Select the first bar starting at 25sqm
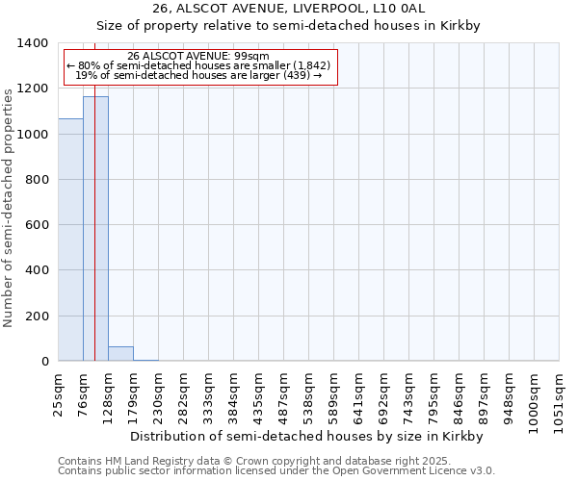70,240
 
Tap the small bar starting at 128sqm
120,353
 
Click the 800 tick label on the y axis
36,180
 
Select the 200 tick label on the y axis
36,316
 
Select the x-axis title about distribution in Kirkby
305,436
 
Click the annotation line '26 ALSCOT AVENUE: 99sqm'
198,57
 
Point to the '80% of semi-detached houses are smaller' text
198,65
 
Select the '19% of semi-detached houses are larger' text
198,75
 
